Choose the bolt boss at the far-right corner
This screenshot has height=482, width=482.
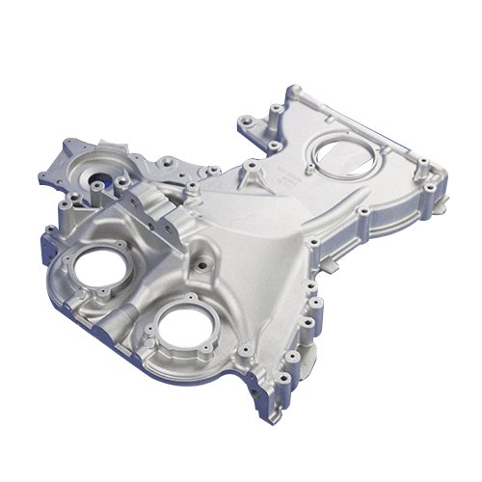[x=446, y=180]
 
